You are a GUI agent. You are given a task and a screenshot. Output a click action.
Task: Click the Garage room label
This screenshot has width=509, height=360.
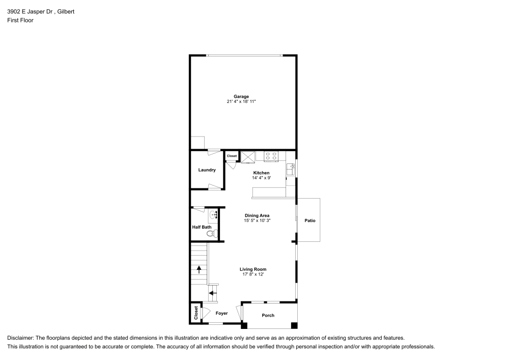click(241, 96)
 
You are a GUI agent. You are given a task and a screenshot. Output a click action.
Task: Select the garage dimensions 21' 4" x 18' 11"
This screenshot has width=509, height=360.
click(241, 102)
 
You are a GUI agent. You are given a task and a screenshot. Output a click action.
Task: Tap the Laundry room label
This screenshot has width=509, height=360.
click(207, 170)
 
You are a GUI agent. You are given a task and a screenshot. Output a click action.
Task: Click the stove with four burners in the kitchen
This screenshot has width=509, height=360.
click(271, 156)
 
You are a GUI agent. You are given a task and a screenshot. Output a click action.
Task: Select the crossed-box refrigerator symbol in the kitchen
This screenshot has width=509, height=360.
click(248, 156)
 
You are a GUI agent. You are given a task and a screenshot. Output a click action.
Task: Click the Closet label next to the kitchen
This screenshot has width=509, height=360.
click(232, 156)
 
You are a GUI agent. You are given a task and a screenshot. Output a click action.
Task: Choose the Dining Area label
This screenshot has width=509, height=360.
click(257, 215)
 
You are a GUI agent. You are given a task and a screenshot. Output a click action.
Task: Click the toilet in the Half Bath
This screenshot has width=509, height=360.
click(211, 234)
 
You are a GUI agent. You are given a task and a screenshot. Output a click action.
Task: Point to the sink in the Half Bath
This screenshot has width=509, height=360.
click(214, 215)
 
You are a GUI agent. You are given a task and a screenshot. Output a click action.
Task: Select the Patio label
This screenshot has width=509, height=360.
click(310, 220)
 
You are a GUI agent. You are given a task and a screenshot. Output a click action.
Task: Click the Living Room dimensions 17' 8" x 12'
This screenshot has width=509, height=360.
click(253, 274)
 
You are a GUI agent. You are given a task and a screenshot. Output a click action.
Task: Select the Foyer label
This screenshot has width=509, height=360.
click(221, 314)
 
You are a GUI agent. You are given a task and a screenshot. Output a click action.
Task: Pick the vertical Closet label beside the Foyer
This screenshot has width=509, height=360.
click(196, 313)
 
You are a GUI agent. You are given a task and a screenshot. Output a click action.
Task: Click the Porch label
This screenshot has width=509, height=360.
click(268, 315)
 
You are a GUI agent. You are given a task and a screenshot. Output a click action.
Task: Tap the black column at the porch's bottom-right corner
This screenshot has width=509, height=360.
click(294, 325)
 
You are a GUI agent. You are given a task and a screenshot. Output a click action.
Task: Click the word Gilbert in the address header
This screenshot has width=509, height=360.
click(66, 11)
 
